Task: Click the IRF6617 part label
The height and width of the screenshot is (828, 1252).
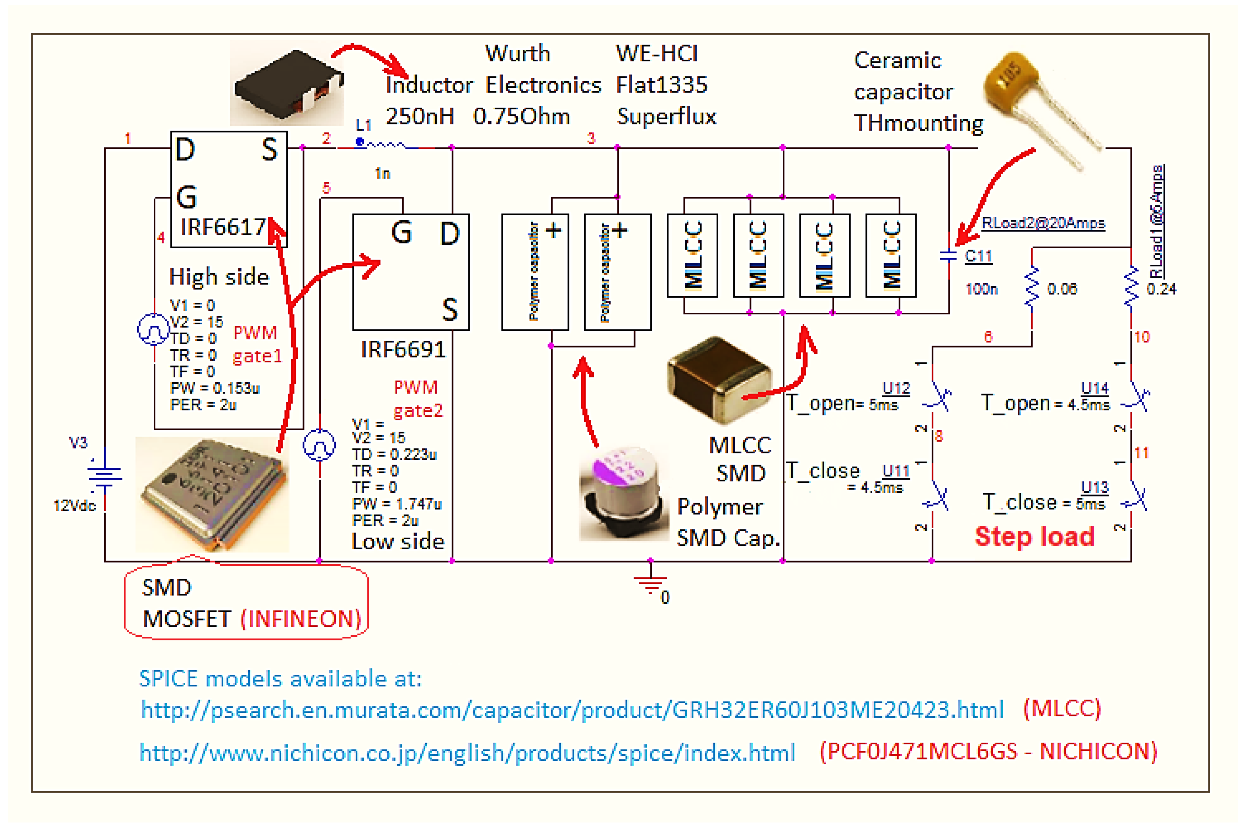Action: pyautogui.click(x=222, y=227)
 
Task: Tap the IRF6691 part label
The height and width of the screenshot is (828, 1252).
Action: pyautogui.click(x=403, y=350)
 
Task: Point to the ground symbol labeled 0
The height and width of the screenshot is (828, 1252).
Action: pyautogui.click(x=651, y=584)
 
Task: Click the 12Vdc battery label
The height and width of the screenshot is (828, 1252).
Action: pyautogui.click(x=74, y=505)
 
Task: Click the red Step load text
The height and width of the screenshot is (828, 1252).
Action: pyautogui.click(x=1034, y=537)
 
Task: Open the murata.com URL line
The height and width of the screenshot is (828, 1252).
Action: pyautogui.click(x=571, y=710)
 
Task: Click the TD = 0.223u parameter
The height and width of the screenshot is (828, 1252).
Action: pyautogui.click(x=394, y=454)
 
